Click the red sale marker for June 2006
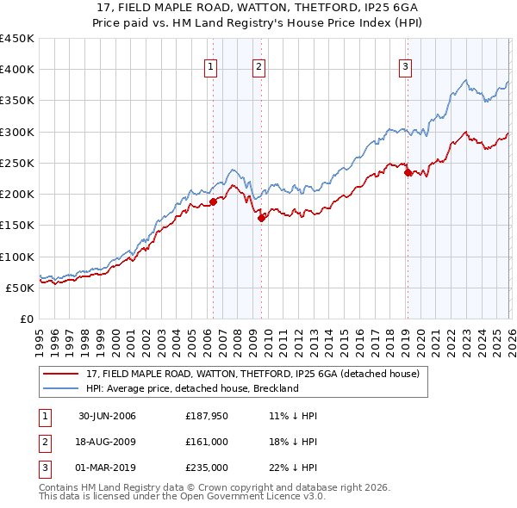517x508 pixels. tap(213, 202)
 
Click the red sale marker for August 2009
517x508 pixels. tap(260, 219)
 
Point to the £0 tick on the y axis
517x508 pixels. tap(28, 319)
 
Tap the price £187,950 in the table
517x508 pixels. tap(207, 416)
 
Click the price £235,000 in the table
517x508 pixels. tap(207, 468)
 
